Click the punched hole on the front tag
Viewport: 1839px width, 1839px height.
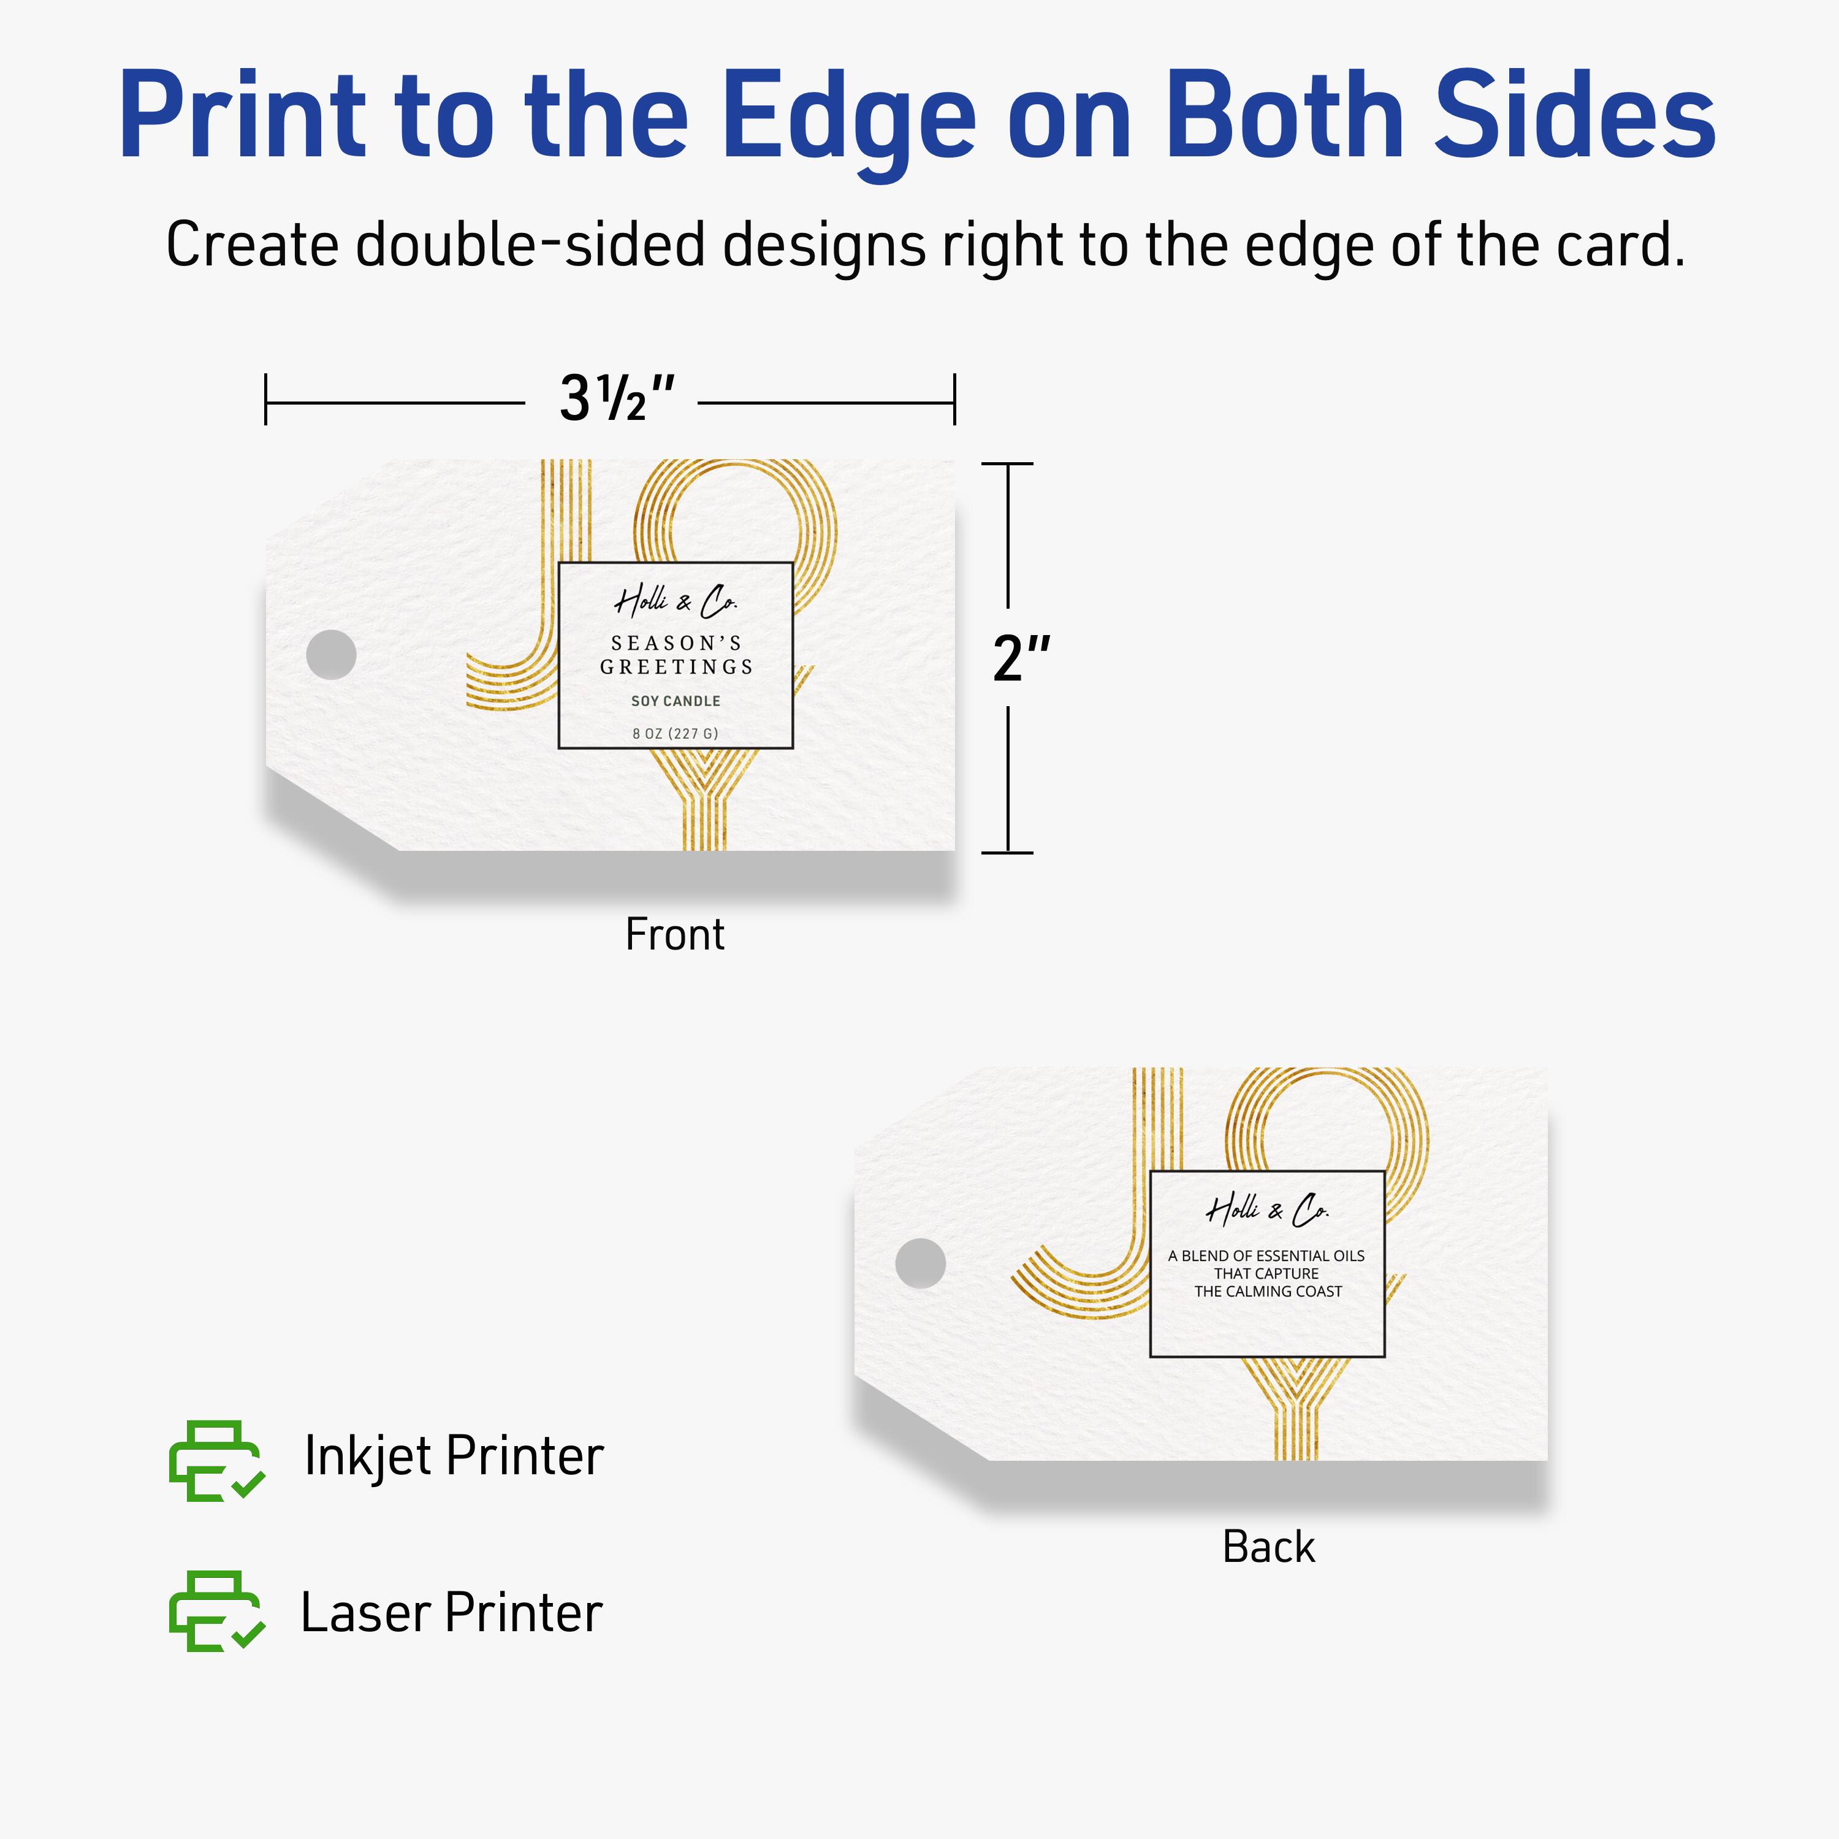pyautogui.click(x=331, y=655)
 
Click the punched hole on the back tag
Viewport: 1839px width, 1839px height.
pyautogui.click(x=921, y=1263)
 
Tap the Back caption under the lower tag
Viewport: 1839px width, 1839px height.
pyautogui.click(x=1268, y=1547)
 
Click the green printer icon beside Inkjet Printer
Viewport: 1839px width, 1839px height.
pyautogui.click(x=215, y=1461)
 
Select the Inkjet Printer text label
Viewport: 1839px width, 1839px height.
pyautogui.click(x=453, y=1456)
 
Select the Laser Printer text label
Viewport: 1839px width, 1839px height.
pyautogui.click(x=451, y=1612)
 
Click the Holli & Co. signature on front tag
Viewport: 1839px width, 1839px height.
pyautogui.click(x=675, y=601)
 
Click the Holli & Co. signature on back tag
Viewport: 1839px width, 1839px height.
pyautogui.click(x=1267, y=1210)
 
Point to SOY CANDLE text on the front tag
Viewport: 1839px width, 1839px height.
pyautogui.click(x=675, y=701)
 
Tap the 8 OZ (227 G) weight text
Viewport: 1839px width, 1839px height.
pyautogui.click(x=675, y=733)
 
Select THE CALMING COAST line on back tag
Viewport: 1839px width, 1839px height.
pyautogui.click(x=1267, y=1292)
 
